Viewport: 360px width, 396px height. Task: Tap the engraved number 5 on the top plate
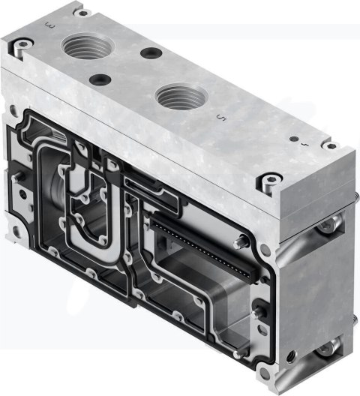click(218, 117)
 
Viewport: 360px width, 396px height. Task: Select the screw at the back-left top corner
click(80, 13)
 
